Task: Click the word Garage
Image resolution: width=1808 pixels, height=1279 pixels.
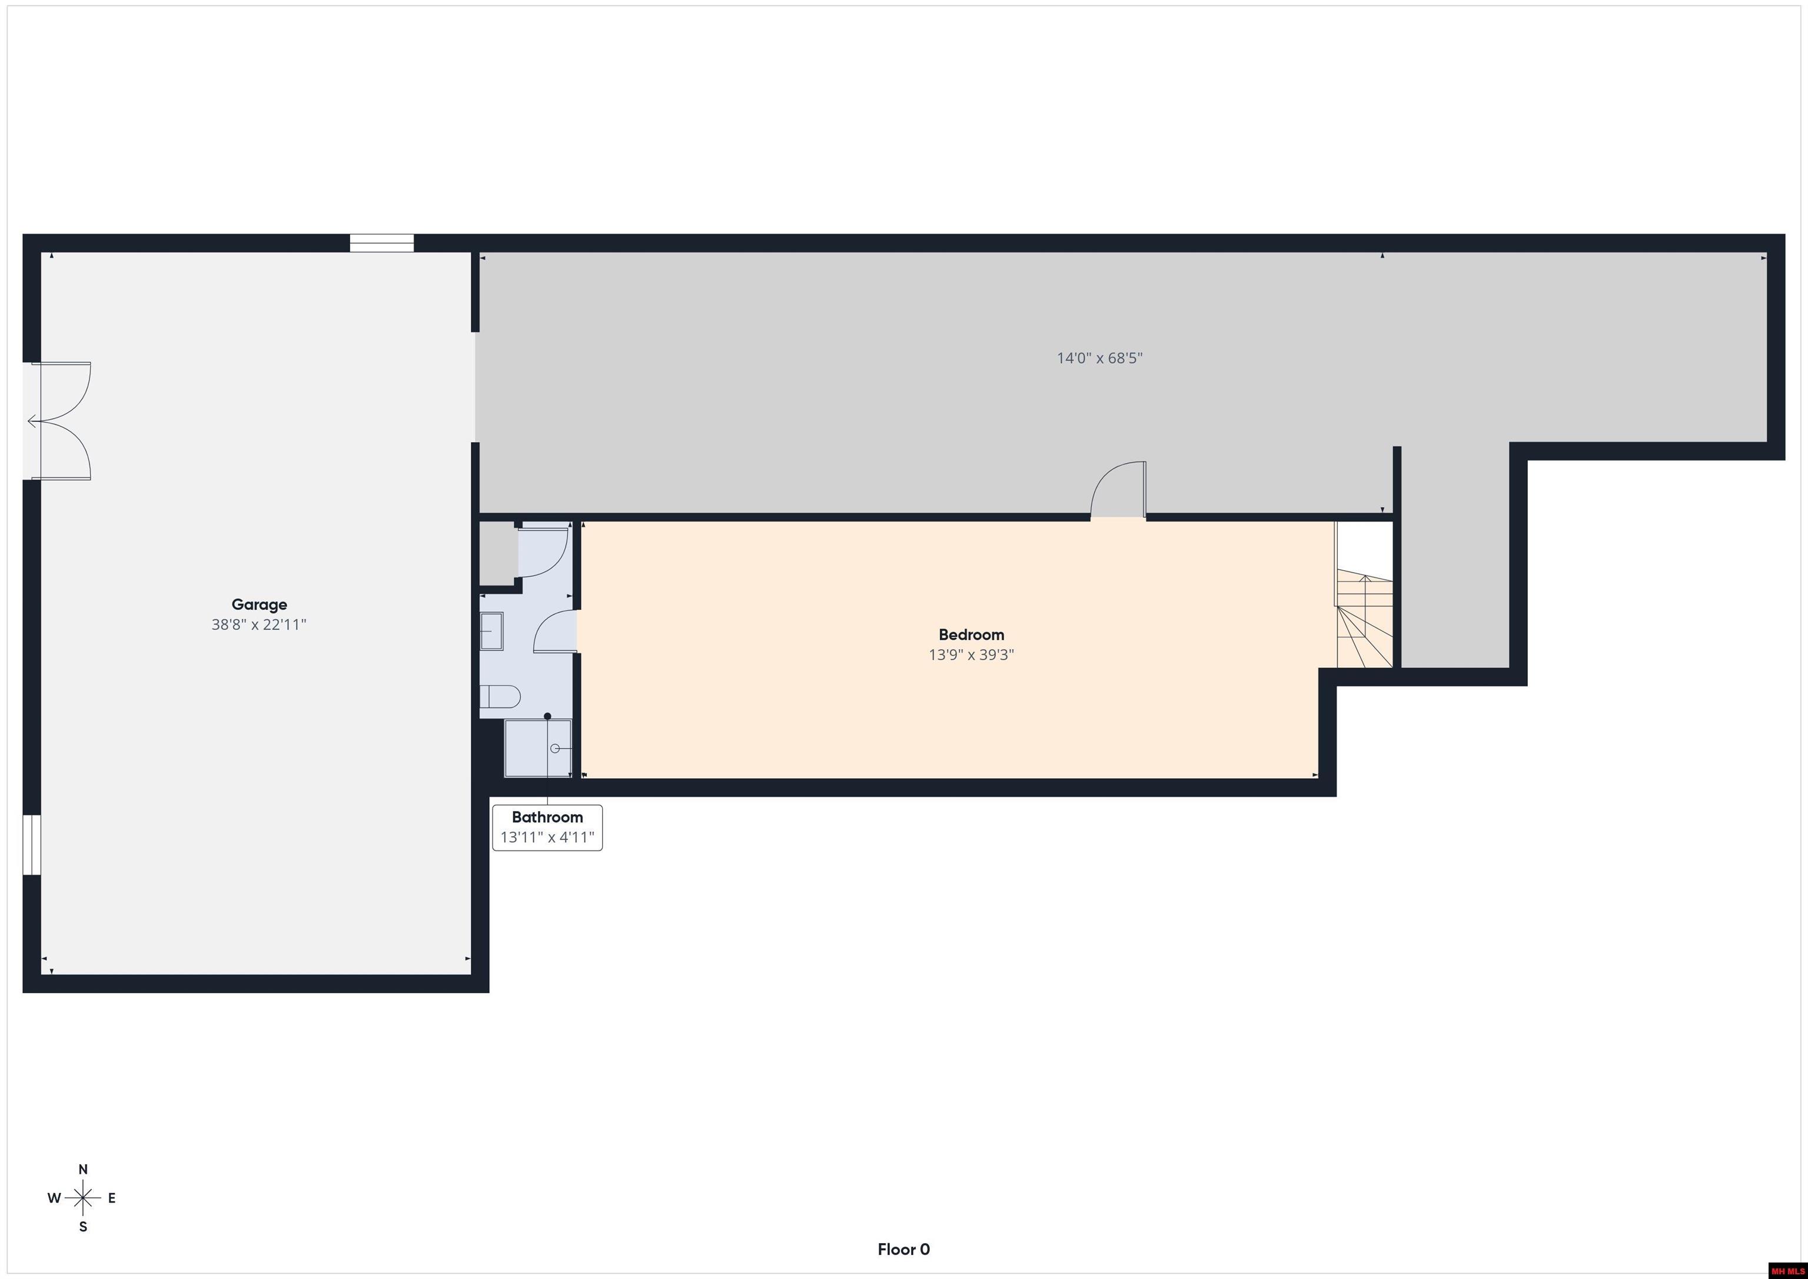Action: click(259, 605)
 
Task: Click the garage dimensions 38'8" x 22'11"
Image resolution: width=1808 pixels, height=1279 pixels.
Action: click(259, 624)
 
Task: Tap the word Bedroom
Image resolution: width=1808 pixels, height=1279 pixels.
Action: click(971, 634)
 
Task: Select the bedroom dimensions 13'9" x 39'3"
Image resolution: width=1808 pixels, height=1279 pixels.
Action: click(971, 655)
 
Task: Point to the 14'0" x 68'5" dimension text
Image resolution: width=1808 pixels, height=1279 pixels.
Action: click(1099, 358)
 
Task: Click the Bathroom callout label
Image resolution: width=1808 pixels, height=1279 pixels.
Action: click(547, 818)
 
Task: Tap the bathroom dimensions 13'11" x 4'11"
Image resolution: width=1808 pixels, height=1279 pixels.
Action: click(547, 837)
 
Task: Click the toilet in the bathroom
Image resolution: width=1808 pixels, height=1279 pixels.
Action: click(501, 697)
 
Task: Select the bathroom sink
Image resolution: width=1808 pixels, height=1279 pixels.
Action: click(491, 631)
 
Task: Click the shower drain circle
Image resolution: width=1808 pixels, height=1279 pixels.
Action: click(555, 748)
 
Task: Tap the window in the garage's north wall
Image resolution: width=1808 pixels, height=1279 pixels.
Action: click(382, 243)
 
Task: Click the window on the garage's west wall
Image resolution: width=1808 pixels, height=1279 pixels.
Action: click(32, 844)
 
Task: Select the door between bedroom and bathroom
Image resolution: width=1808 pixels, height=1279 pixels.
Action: click(555, 632)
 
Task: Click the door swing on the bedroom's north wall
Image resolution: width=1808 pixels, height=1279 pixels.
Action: click(1118, 490)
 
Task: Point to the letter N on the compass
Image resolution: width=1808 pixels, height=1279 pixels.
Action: click(82, 1170)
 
